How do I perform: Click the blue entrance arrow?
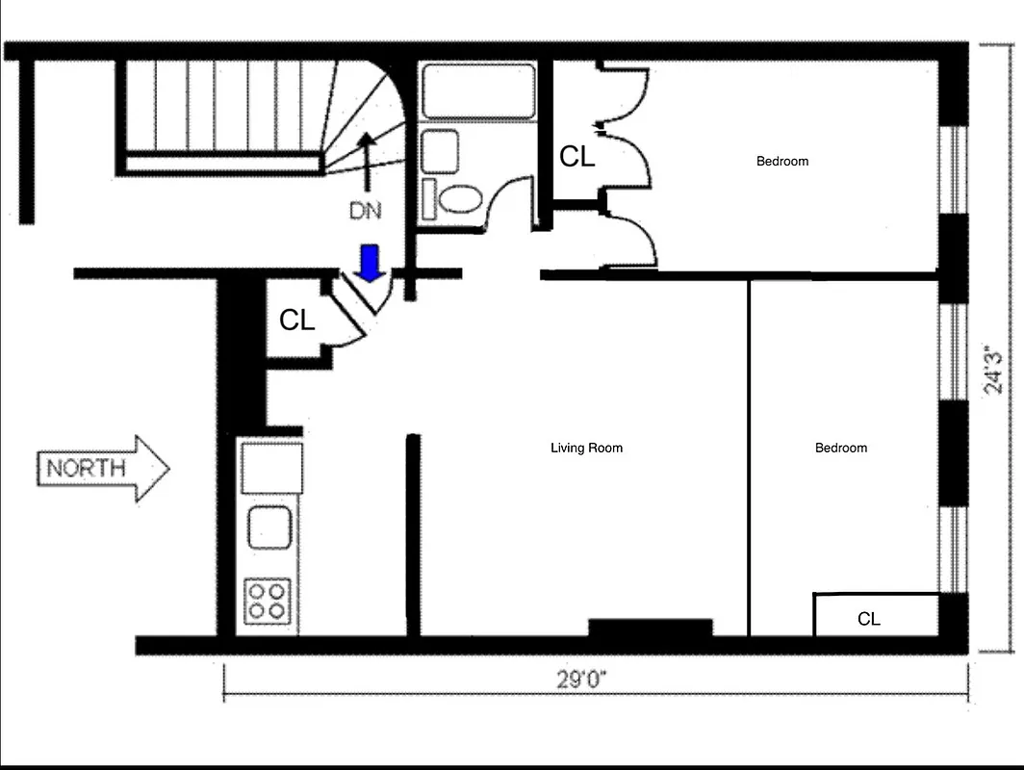[368, 263]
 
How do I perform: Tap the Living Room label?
[586, 448]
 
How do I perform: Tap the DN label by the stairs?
[365, 211]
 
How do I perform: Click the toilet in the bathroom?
[460, 199]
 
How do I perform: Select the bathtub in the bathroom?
[478, 91]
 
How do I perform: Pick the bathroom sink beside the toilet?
[440, 150]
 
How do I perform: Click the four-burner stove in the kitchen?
[269, 599]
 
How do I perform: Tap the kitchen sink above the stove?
[269, 527]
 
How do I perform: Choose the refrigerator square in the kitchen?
[270, 468]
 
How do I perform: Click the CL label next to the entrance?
[296, 321]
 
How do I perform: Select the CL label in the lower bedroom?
[868, 619]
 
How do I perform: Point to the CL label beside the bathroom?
[576, 157]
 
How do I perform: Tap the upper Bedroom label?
[781, 161]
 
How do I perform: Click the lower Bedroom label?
[840, 448]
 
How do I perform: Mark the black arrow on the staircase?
[366, 159]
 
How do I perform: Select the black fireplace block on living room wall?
[651, 628]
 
